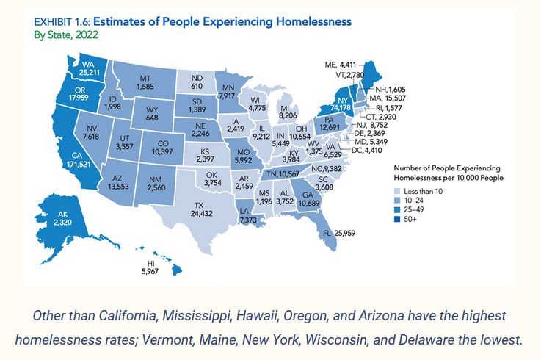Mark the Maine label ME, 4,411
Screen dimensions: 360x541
(341, 65)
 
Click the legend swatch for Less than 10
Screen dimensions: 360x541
(398, 191)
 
